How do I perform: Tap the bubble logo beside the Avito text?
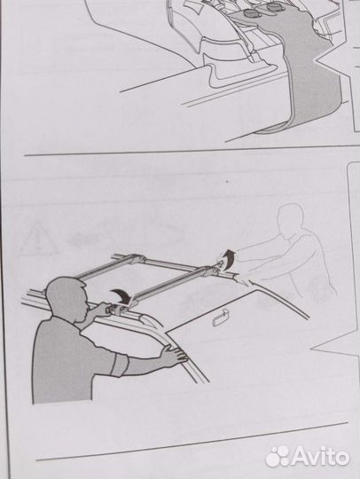coord(278,457)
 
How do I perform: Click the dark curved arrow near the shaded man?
coord(121,295)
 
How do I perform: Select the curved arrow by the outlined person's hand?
coord(228,256)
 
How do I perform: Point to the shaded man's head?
coord(66,299)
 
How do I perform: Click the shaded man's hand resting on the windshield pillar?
coord(173,355)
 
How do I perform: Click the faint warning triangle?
coord(37,239)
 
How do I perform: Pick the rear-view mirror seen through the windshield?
coord(219,316)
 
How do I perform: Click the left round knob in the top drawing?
coord(250,14)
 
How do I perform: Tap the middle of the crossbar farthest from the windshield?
coord(105,267)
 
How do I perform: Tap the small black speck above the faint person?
coord(227,182)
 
